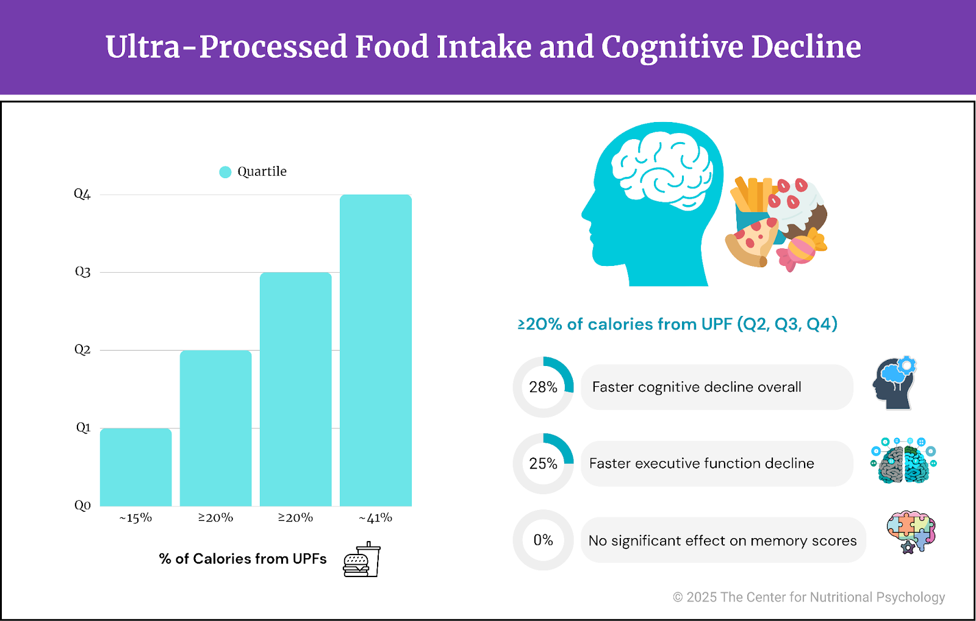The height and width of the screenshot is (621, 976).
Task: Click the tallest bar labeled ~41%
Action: coord(376,350)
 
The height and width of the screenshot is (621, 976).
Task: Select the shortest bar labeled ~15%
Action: coord(135,467)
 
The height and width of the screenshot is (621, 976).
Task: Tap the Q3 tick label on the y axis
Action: coord(82,272)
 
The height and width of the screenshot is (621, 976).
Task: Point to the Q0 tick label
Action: coord(82,505)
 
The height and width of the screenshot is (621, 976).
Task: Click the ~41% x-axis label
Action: coord(376,518)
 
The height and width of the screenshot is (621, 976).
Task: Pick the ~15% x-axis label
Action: coord(135,518)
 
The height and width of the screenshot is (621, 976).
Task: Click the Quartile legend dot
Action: coord(225,172)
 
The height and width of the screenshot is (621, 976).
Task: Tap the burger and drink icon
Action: coord(362,559)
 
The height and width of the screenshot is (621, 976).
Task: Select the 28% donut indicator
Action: coord(543,387)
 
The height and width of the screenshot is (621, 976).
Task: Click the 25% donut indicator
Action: coord(543,464)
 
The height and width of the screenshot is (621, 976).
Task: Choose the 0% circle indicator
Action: coord(543,540)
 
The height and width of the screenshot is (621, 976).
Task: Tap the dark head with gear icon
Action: coord(895,383)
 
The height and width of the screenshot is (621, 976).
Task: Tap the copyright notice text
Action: coord(809,597)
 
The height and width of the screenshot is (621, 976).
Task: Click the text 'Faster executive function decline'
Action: coord(701,464)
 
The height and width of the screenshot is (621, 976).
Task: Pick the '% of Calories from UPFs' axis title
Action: coord(243,559)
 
